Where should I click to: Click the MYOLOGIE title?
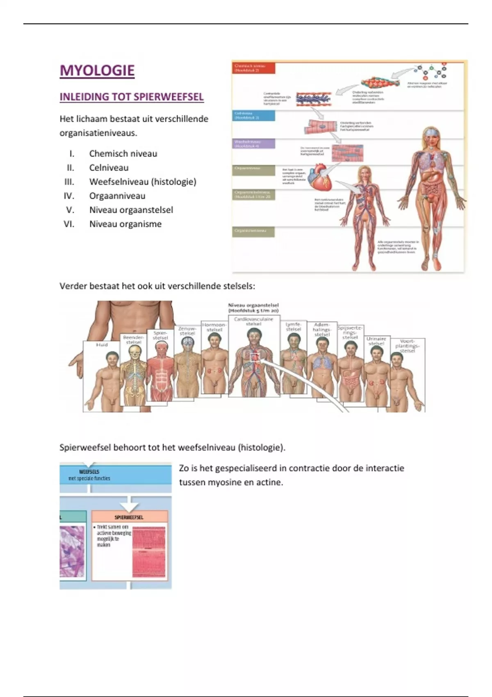click(97, 71)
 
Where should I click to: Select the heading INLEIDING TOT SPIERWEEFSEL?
click(132, 97)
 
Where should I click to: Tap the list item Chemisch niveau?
click(123, 154)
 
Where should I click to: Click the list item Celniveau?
click(109, 168)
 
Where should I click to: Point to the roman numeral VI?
click(69, 224)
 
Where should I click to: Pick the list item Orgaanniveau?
click(117, 196)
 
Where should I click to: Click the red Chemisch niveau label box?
click(253, 68)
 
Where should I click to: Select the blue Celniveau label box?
click(253, 116)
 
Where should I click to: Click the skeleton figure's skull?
click(134, 351)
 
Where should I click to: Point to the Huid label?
click(102, 345)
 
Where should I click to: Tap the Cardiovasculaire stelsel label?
click(253, 321)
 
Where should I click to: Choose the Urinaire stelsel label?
click(376, 341)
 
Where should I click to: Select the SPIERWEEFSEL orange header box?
click(129, 517)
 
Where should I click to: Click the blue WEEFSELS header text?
click(89, 472)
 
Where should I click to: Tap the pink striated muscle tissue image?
click(149, 551)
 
